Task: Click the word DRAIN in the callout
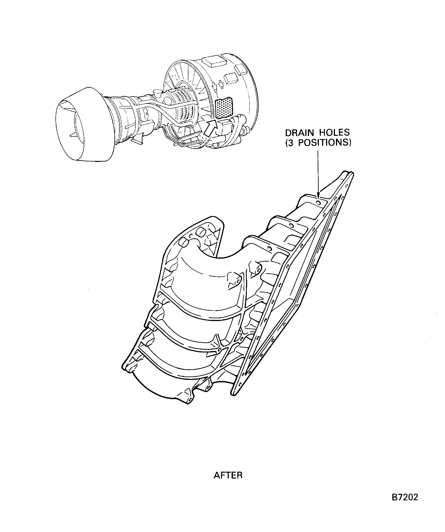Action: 300,133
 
